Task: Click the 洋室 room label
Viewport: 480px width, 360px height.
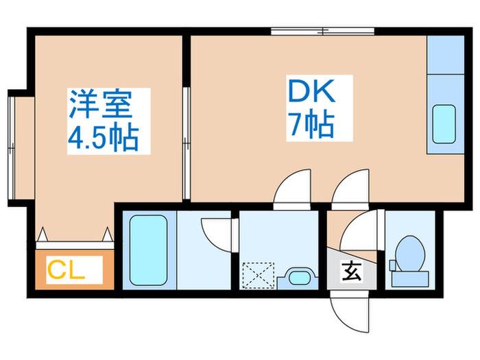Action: [x=101, y=104]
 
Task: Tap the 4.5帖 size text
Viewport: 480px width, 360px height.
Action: [x=103, y=138]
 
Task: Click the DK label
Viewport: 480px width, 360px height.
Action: [x=311, y=91]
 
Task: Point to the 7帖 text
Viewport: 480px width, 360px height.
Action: [x=311, y=125]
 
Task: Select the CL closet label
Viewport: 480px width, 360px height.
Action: [x=66, y=269]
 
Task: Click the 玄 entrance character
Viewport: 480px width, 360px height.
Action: [x=351, y=272]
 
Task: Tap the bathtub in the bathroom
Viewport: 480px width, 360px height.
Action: [x=148, y=250]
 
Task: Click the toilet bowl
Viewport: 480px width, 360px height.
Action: [x=409, y=254]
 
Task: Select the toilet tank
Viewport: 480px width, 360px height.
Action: [x=410, y=279]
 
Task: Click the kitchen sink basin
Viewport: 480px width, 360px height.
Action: [x=444, y=124]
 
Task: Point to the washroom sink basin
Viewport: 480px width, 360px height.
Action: [x=299, y=278]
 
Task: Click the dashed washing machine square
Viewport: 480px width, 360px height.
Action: [x=259, y=275]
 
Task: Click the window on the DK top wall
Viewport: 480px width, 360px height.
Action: [x=323, y=32]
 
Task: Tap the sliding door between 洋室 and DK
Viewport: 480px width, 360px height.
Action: [x=186, y=143]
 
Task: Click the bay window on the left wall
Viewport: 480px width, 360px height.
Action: [x=12, y=147]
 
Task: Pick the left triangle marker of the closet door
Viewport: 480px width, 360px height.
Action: [x=42, y=235]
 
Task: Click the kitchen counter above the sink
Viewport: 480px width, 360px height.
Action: [x=446, y=54]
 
